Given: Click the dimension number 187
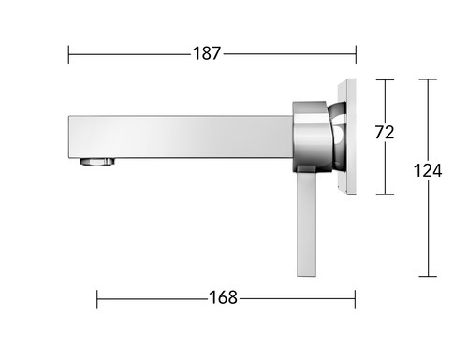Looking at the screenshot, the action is pos(207,53).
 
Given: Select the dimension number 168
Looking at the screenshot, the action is pos(223,297).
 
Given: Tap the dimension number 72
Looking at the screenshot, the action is pos(385,132).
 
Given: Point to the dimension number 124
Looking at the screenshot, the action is pos(428,170).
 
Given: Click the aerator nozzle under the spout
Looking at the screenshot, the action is pos(97,162).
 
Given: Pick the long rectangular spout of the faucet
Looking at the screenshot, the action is pos(181,137).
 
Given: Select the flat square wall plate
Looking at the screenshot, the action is pos(346,137).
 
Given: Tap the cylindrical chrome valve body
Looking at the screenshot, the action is pos(311,137).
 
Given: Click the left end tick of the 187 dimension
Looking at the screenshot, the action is pos(68,54).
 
